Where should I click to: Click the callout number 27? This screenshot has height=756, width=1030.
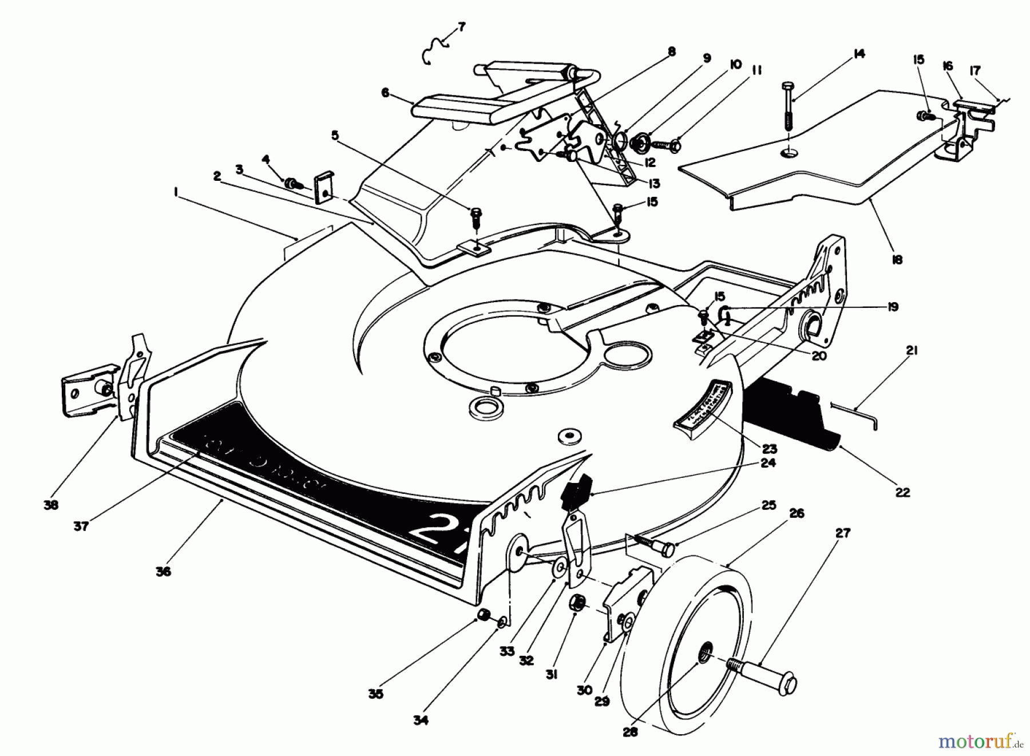coord(842,533)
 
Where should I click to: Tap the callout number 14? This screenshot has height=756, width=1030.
coord(858,54)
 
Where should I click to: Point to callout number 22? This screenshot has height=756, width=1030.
coord(902,492)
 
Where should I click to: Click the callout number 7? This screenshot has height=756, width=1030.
coord(462,26)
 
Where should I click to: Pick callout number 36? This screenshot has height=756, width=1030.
coord(163,571)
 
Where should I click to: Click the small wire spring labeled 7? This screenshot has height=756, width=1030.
coord(436,50)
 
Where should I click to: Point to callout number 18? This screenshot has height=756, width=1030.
coord(897,260)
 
